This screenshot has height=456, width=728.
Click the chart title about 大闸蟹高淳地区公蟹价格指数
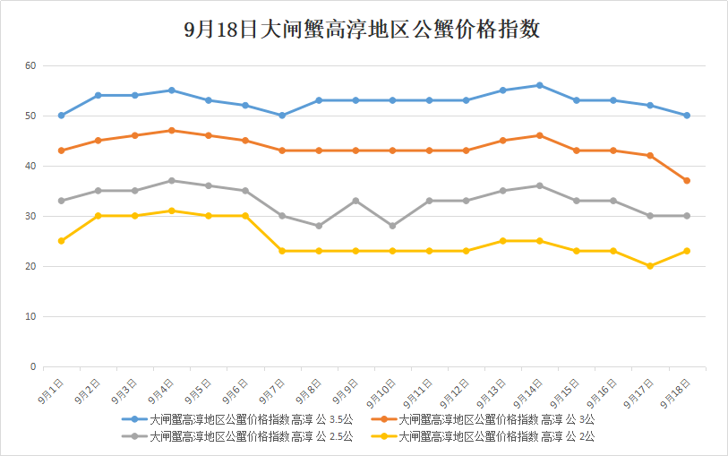click(x=363, y=30)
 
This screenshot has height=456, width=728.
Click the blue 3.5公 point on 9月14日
click(x=539, y=85)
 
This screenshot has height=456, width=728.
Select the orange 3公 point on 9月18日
click(x=687, y=181)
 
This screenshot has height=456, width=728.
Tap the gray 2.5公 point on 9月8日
click(x=319, y=226)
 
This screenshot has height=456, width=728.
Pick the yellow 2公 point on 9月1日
click(x=61, y=241)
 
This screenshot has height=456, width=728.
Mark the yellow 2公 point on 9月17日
click(x=650, y=266)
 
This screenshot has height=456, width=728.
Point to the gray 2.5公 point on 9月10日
click(x=392, y=226)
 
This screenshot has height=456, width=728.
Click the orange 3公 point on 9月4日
click(x=171, y=131)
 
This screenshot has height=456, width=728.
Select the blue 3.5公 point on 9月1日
click(x=61, y=116)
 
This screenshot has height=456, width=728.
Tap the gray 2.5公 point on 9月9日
click(x=355, y=201)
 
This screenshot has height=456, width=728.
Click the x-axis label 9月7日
click(x=272, y=391)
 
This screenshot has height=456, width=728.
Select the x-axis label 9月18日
click(x=677, y=391)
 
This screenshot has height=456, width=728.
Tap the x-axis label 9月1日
click(x=52, y=391)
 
